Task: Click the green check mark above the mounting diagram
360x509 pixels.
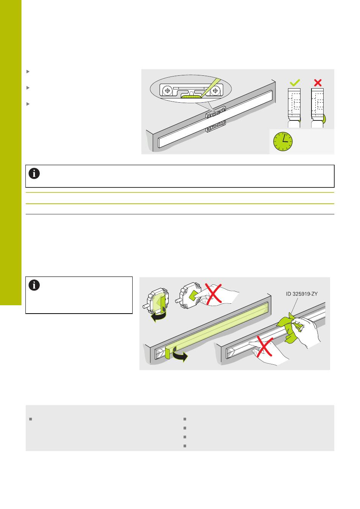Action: pos(295,83)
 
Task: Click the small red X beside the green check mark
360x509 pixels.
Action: pos(318,83)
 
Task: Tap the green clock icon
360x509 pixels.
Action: pos(283,141)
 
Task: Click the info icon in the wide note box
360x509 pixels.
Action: pos(34,173)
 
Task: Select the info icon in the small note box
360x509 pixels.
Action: pos(34,285)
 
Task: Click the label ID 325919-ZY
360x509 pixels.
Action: pos(302,294)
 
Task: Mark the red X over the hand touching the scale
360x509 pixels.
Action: pos(265,347)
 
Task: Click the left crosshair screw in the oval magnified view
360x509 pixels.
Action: pos(167,91)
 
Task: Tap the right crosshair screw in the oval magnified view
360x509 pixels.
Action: pos(215,91)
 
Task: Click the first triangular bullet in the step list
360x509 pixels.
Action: pos(28,72)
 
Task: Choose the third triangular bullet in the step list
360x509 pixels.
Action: pos(28,104)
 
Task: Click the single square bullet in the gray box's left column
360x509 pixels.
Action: pos(30,419)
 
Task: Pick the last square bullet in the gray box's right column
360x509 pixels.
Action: pos(185,446)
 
